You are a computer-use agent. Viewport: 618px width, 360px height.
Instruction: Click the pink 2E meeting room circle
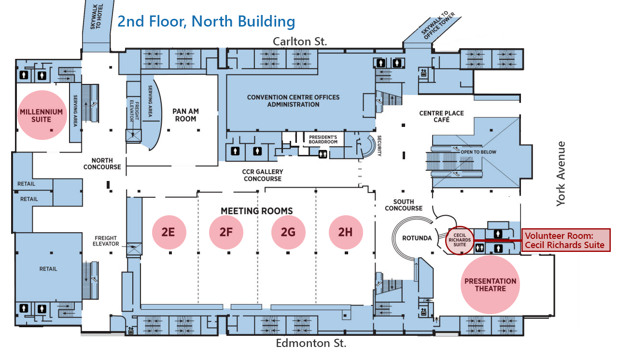point(169,232)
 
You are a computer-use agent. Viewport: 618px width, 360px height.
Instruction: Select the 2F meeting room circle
point(226,232)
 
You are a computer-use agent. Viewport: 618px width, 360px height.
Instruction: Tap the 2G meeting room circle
point(288,232)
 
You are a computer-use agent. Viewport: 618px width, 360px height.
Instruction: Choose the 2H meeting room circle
point(346,232)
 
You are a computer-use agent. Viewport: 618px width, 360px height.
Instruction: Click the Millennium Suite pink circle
point(42,115)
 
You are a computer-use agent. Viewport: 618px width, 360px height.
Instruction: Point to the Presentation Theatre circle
point(490,285)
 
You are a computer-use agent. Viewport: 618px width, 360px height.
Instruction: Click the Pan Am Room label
point(185,115)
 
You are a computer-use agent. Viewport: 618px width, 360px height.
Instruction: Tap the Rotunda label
point(417,238)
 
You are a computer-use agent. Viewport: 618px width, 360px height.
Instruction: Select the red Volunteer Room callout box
point(566,240)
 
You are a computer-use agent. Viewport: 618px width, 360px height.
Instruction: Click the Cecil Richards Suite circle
point(460,240)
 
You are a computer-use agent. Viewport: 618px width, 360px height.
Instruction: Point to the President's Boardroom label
point(323,139)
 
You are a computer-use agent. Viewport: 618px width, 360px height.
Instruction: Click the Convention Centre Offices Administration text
point(293,101)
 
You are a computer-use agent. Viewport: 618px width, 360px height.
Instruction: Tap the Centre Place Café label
point(441,116)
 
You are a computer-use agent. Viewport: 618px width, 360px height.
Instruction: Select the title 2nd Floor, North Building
point(206,21)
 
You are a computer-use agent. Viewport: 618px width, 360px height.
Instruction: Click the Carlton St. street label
point(300,42)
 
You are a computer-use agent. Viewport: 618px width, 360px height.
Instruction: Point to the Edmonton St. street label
point(311,343)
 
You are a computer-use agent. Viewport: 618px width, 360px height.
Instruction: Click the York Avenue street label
point(561,174)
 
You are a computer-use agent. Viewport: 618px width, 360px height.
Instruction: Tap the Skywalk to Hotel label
point(96,16)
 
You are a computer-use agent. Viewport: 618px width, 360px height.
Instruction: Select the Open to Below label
point(478,152)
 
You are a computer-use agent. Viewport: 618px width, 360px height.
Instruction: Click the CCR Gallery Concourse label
point(263,175)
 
